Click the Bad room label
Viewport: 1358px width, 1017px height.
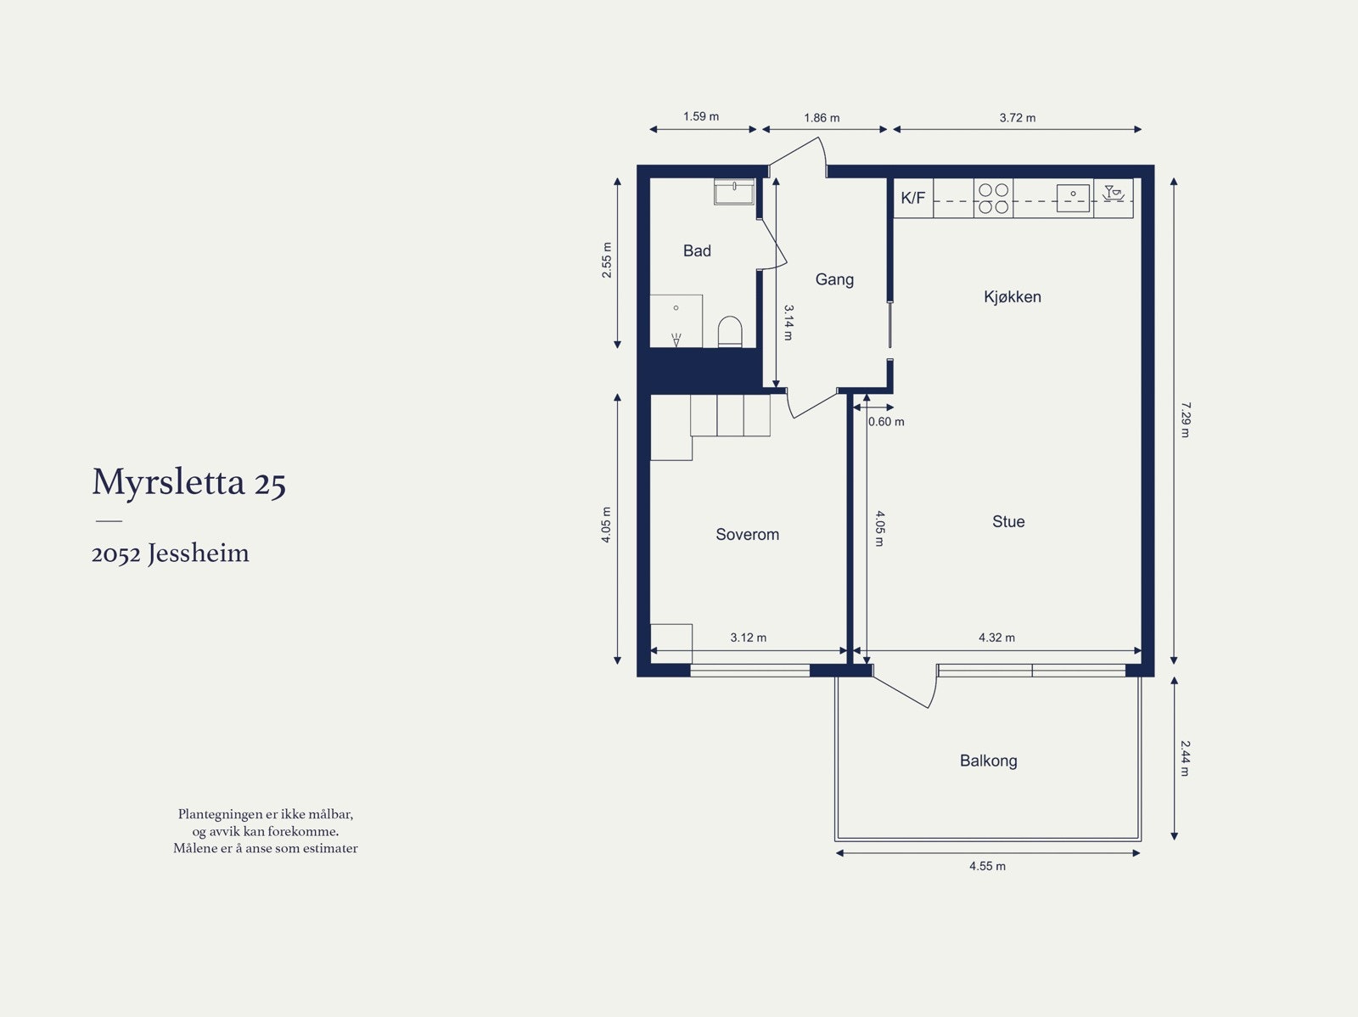pyautogui.click(x=697, y=250)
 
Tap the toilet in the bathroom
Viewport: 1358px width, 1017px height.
pyautogui.click(x=730, y=332)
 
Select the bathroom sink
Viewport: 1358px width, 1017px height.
pyautogui.click(x=734, y=192)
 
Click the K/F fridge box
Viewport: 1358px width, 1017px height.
pyautogui.click(x=913, y=198)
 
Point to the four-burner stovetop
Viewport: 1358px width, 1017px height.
pyautogui.click(x=993, y=198)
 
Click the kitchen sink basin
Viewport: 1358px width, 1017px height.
pyautogui.click(x=1073, y=198)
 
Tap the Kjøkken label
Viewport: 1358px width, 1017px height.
pyautogui.click(x=1012, y=296)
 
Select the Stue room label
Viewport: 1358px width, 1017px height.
pyautogui.click(x=1008, y=521)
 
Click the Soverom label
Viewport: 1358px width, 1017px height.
pyautogui.click(x=747, y=534)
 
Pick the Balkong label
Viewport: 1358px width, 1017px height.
pyautogui.click(x=988, y=761)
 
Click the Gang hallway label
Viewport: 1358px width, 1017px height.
pyautogui.click(x=834, y=279)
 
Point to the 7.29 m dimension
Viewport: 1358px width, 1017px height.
pyautogui.click(x=1186, y=419)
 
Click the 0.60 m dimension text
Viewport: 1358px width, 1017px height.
pyautogui.click(x=886, y=421)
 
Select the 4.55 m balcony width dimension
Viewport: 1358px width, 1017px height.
pyautogui.click(x=987, y=866)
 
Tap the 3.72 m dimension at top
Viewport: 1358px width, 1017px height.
pyautogui.click(x=1017, y=118)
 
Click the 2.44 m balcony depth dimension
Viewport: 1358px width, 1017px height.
pyautogui.click(x=1186, y=758)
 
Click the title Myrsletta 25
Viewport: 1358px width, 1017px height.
pyautogui.click(x=188, y=482)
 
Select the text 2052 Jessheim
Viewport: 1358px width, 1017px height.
pyautogui.click(x=170, y=553)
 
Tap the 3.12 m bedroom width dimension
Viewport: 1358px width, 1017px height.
pyautogui.click(x=748, y=638)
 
